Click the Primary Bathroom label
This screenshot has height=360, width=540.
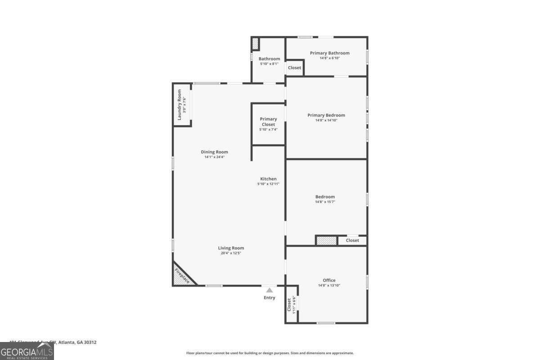(329, 53)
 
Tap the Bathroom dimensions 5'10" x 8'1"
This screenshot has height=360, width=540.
(269, 64)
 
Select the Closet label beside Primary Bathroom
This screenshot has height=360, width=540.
(294, 68)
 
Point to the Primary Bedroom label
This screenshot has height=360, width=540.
(326, 115)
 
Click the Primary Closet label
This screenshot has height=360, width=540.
(268, 121)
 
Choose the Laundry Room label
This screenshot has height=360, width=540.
(179, 104)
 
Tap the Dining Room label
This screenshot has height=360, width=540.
(214, 152)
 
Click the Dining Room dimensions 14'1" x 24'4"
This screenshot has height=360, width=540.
(214, 157)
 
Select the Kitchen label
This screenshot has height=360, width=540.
(268, 179)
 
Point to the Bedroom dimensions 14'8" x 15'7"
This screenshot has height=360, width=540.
(325, 202)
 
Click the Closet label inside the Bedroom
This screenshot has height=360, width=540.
(352, 240)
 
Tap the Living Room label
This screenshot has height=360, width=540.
(231, 248)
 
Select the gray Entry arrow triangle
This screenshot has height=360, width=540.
(269, 290)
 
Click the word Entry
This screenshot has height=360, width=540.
(269, 298)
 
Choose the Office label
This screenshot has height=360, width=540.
(329, 280)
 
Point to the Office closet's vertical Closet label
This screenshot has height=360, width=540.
(289, 305)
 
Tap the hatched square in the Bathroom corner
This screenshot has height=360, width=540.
(255, 44)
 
